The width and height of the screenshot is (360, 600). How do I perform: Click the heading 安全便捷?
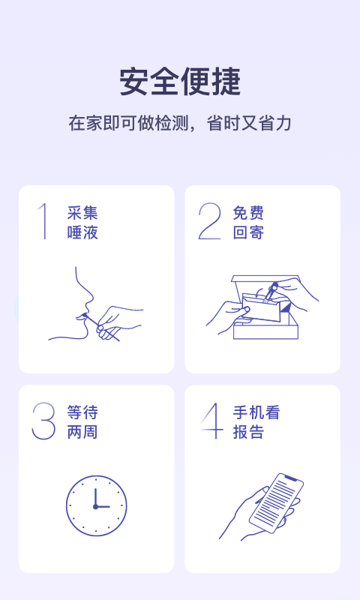click(180, 82)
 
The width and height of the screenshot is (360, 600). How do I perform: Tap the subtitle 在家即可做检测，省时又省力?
click(180, 124)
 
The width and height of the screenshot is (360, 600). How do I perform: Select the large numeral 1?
click(43, 221)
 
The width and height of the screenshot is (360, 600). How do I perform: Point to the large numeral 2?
click(210, 221)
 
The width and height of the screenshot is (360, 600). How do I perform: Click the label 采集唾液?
click(82, 223)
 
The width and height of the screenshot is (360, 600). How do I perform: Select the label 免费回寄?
click(248, 223)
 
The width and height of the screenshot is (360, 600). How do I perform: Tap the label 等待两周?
click(82, 422)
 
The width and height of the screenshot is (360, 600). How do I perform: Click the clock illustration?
click(96, 505)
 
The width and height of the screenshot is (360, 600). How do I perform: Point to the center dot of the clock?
click(95, 507)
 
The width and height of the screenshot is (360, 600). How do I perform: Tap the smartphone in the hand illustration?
click(276, 499)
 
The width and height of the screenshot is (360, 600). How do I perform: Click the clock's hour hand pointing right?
click(103, 507)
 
